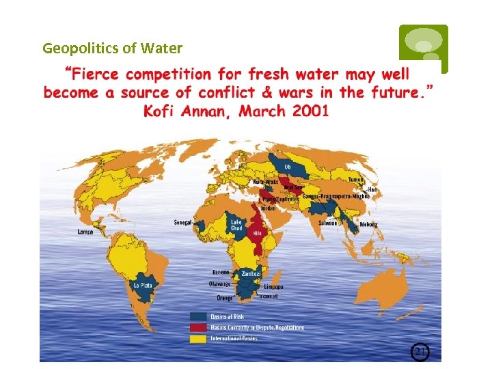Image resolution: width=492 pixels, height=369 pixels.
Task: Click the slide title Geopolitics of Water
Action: (112, 49)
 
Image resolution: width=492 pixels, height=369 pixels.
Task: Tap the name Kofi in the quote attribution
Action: (162, 111)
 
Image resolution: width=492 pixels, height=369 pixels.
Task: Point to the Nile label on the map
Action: (258, 232)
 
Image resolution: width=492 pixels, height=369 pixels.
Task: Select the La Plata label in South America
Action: (143, 285)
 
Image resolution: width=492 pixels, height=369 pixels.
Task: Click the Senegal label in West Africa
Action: (182, 222)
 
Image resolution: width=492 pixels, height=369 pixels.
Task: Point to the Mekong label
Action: (369, 224)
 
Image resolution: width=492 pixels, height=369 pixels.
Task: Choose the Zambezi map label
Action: (251, 273)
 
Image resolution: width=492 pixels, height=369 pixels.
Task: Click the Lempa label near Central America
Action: (85, 232)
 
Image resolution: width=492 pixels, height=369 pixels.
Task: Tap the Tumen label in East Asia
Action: (357, 180)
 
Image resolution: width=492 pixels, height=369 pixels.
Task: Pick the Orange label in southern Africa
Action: (225, 298)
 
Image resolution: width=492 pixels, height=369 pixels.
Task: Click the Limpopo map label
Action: (273, 287)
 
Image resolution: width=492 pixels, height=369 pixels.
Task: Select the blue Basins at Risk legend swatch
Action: (198, 316)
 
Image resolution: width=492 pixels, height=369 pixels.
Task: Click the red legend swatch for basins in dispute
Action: (198, 327)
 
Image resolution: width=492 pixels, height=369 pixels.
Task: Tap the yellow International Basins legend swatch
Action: (198, 338)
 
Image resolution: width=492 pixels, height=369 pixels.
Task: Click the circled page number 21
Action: (420, 352)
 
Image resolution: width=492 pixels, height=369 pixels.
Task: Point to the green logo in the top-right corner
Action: (424, 48)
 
